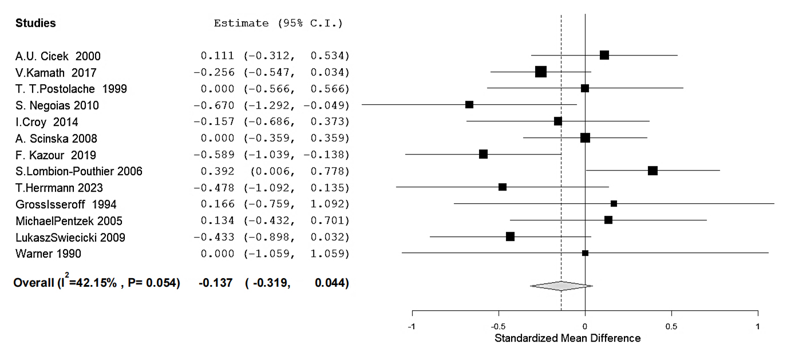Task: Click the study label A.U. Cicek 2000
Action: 58,56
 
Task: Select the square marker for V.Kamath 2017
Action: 541,72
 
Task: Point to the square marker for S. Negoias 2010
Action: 469,104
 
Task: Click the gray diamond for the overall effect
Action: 561,286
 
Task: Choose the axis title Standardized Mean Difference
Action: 567,338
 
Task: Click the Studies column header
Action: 35,23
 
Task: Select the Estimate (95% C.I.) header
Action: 278,23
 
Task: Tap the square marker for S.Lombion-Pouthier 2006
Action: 652,171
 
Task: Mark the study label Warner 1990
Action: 48,254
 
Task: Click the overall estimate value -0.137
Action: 215,283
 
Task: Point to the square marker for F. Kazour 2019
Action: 483,154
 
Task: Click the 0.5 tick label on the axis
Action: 671,327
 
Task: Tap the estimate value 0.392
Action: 217,171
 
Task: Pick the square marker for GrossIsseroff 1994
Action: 614,203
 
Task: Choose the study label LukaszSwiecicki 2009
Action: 70,238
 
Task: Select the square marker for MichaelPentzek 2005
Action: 608,220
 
